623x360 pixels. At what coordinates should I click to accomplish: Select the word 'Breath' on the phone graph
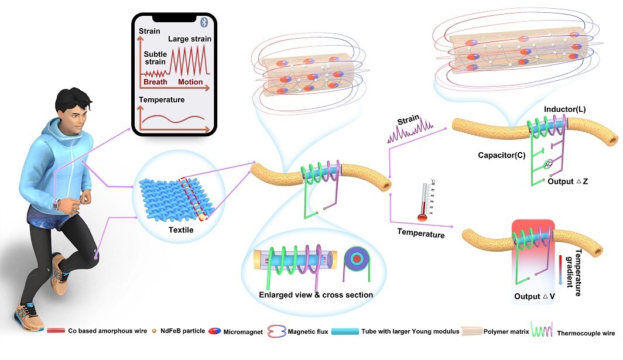point(155,82)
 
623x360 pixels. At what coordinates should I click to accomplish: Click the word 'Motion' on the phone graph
point(190,82)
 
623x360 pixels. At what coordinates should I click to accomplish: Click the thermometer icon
point(423,202)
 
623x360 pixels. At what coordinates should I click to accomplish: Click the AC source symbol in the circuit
point(548,166)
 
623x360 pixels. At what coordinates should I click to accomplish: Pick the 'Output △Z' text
point(567,182)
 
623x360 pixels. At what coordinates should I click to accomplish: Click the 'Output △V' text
point(535,296)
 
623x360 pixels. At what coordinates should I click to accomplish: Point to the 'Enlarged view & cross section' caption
point(316,294)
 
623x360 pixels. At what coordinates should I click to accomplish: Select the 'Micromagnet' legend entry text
point(242,331)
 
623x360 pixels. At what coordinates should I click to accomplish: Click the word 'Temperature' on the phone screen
point(162,100)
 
